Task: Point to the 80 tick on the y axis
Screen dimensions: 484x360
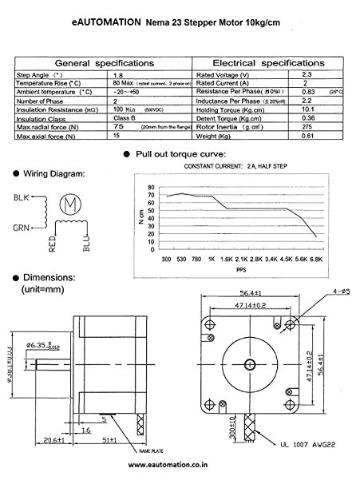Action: [x=151, y=187]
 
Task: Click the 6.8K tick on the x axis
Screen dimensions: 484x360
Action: [x=315, y=260]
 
